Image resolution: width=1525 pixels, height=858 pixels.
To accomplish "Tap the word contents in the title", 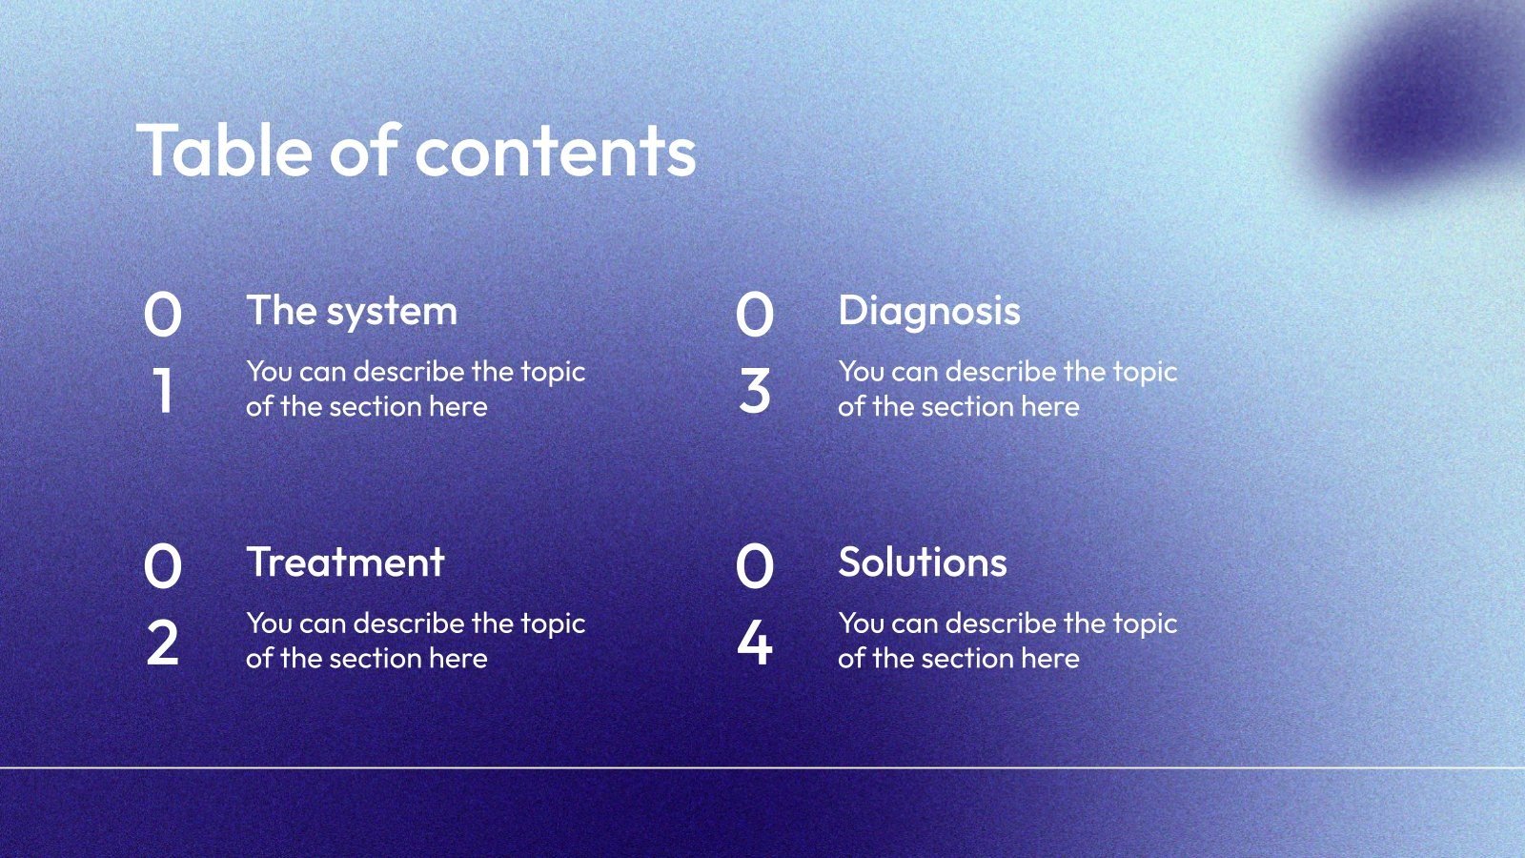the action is (x=556, y=153).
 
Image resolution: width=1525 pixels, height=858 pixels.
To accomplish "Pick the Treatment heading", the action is (x=346, y=562).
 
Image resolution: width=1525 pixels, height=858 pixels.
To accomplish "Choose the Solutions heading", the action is (x=923, y=562).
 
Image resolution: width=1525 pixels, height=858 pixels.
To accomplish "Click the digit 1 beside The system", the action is (x=162, y=390).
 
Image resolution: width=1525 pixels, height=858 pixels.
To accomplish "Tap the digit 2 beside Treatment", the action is (x=163, y=643).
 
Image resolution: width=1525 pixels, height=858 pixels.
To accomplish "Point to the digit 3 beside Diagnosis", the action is (x=754, y=390).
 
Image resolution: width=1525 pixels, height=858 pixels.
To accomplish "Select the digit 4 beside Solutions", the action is (x=754, y=643).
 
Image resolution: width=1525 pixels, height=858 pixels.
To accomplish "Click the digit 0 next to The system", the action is (x=163, y=314).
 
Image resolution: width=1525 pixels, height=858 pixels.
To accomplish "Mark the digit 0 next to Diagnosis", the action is (x=754, y=314).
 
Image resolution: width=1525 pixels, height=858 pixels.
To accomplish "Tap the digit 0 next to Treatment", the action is (x=163, y=566).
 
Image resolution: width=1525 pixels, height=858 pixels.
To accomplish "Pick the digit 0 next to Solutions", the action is (x=754, y=566).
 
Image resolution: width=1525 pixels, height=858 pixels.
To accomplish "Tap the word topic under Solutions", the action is (x=1145, y=625).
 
